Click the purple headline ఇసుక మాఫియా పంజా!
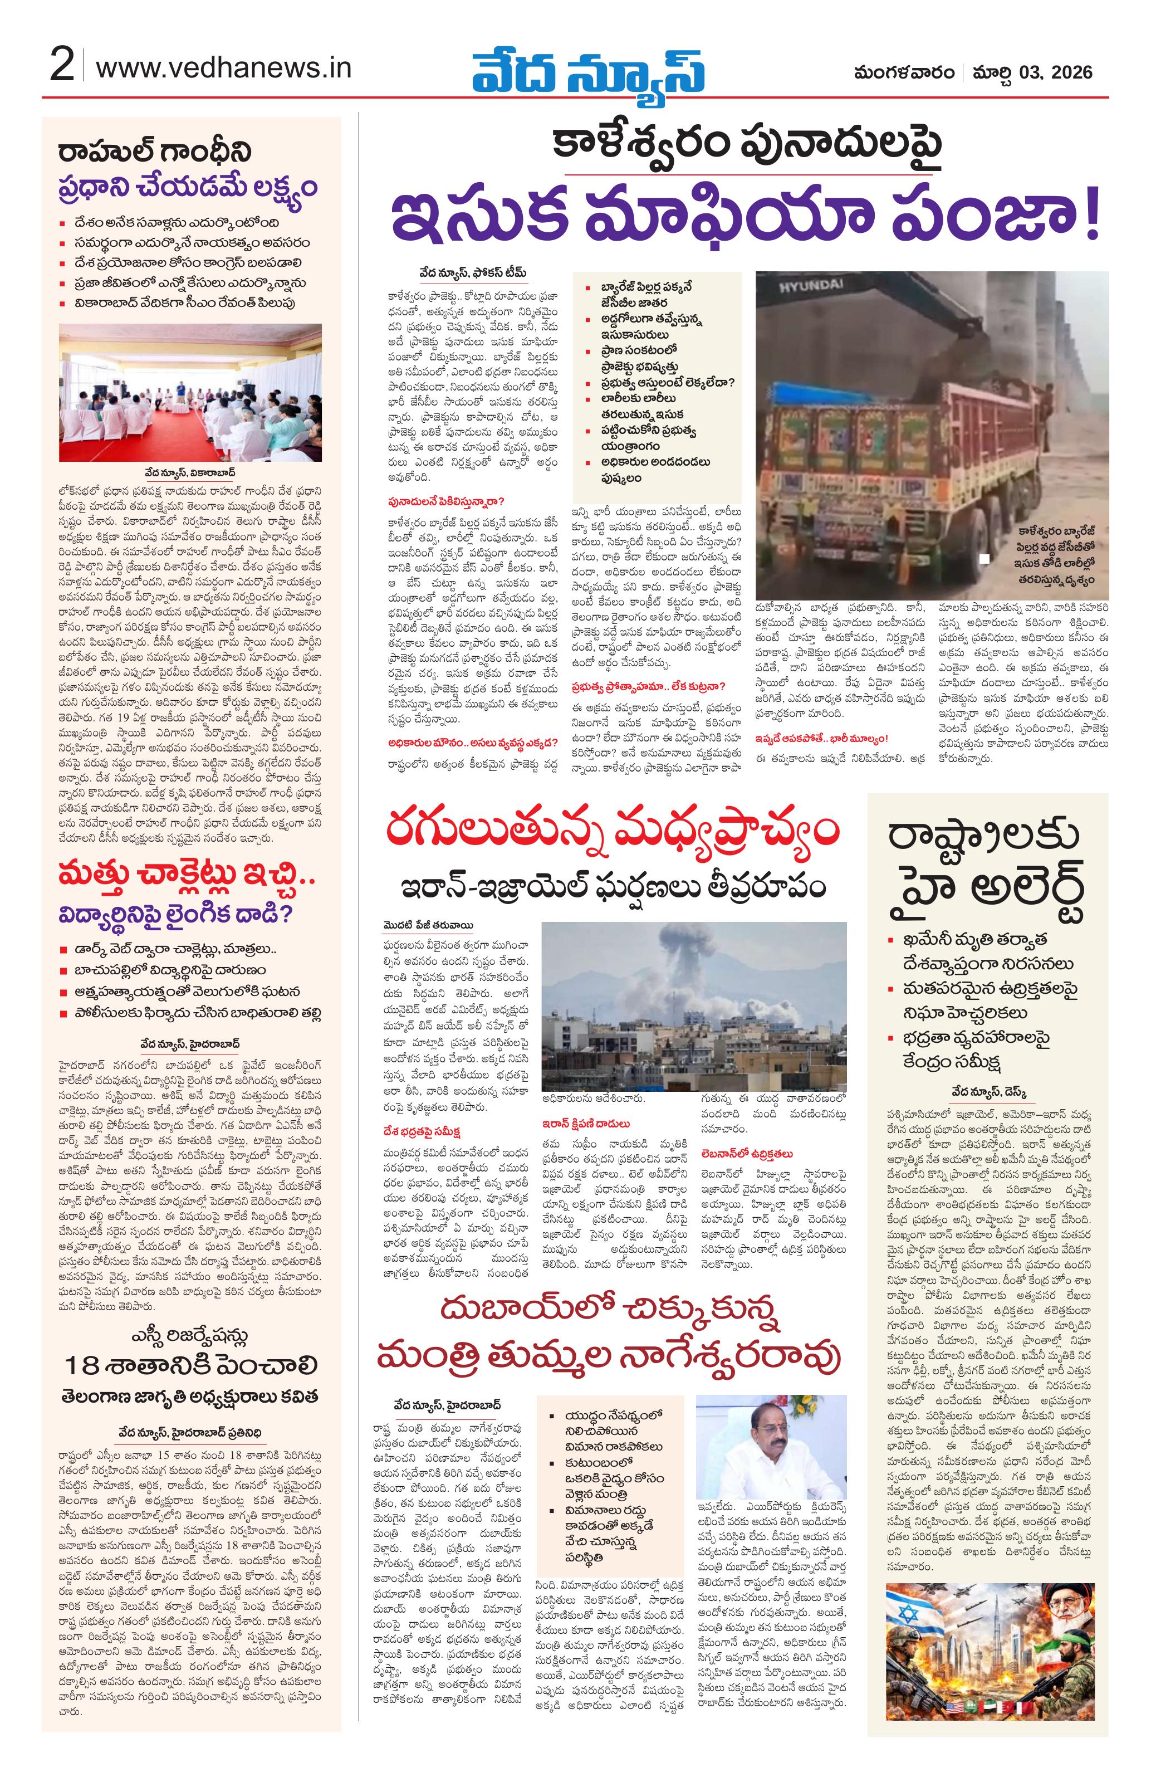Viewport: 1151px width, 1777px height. (746, 218)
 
